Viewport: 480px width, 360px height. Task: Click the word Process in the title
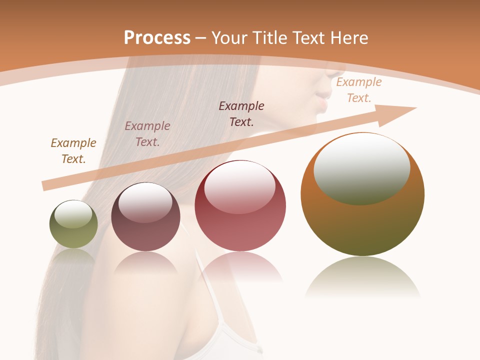(157, 38)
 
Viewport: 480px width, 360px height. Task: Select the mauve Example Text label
(147, 134)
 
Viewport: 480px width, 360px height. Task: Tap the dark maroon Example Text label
(241, 114)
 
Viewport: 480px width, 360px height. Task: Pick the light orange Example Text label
(358, 90)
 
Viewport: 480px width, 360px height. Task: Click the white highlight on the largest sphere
(362, 167)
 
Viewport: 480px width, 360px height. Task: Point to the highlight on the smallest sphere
(73, 214)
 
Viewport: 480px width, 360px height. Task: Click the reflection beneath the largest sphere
(362, 277)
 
